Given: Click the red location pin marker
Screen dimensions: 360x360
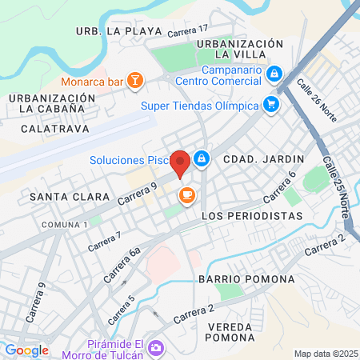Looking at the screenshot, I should click(180, 162).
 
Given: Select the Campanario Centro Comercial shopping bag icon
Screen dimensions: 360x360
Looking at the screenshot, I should click(274, 74).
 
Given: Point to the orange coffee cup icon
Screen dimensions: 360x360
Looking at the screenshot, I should click(187, 196).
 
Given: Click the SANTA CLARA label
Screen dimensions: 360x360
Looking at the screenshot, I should click(58, 196).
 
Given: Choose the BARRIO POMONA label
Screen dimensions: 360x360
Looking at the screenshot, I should click(246, 279).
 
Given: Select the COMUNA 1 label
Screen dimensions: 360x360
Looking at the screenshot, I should click(65, 224).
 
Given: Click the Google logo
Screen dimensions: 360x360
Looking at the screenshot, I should click(27, 350).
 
